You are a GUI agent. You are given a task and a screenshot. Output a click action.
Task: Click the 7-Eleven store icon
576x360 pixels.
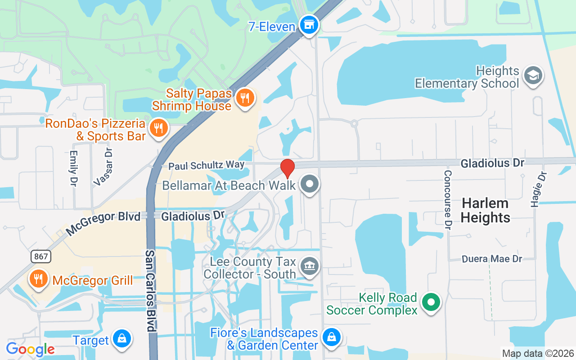309,25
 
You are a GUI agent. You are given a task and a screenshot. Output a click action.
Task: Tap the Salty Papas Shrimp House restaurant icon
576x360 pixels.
245,98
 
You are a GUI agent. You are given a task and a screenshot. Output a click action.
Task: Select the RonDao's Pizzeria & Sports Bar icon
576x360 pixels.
158,128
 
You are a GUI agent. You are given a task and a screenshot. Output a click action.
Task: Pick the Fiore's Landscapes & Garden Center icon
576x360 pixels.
332,337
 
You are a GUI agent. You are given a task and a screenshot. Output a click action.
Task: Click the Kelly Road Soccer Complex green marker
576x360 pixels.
432,302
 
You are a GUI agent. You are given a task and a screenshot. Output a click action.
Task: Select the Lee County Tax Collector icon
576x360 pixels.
309,265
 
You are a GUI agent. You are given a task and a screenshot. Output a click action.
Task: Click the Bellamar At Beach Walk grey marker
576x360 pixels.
310,184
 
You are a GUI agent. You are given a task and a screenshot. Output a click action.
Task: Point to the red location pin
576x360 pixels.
287,168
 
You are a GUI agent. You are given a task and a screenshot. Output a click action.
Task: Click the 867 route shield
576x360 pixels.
41,256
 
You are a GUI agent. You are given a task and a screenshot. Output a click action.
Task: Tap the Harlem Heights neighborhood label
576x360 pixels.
485,210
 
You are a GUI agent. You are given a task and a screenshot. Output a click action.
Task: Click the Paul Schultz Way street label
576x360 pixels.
206,165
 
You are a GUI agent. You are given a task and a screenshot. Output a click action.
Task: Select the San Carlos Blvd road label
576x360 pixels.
150,290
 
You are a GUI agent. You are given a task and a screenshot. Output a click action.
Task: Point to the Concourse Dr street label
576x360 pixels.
447,198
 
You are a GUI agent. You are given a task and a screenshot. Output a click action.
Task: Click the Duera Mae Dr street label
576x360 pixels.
492,259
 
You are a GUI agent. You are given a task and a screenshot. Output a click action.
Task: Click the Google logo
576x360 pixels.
30,349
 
